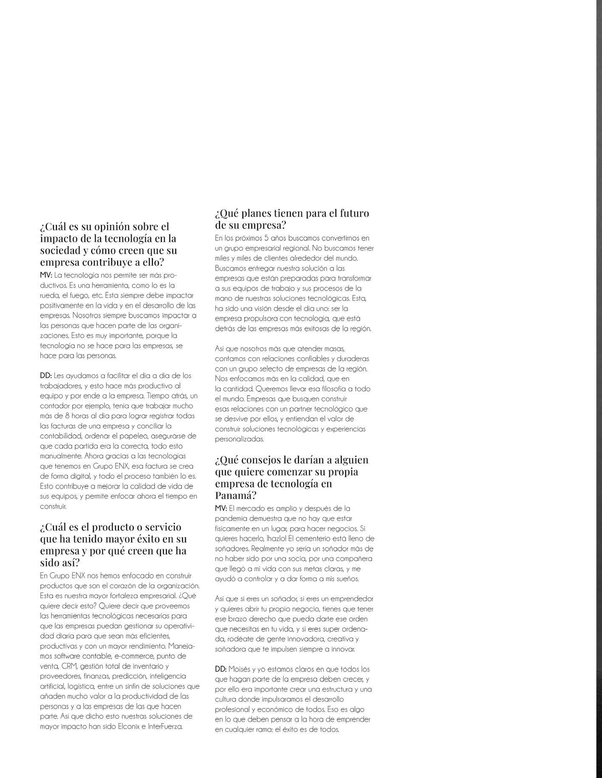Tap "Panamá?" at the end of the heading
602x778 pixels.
click(x=236, y=495)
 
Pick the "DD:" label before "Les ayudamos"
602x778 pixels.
click(x=46, y=376)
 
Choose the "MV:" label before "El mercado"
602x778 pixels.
click(x=221, y=508)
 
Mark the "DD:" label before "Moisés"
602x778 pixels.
click(x=221, y=669)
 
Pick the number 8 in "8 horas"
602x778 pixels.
click(x=62, y=416)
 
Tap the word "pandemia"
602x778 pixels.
click(x=232, y=518)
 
